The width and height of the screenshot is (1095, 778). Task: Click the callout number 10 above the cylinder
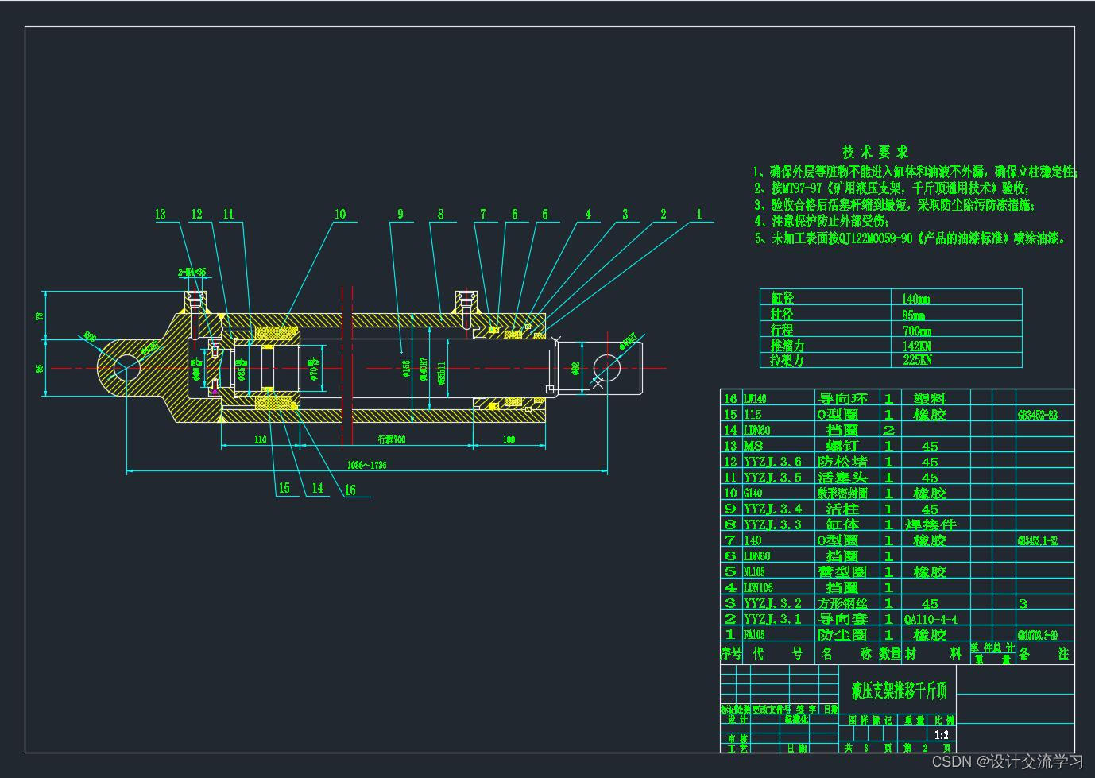coord(340,214)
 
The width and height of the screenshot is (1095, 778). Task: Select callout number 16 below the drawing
coord(350,490)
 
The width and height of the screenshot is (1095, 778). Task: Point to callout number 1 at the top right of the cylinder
coord(699,213)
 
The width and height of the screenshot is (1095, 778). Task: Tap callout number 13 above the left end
coord(161,214)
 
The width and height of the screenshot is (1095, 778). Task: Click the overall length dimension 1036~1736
coord(366,465)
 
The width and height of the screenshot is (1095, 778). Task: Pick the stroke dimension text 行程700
coord(391,439)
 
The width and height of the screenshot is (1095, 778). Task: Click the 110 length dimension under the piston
coord(260,439)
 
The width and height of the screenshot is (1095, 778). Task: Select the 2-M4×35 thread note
coord(192,272)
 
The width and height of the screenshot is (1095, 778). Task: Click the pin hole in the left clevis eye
coord(126,368)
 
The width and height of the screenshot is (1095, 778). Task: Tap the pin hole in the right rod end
coord(606,368)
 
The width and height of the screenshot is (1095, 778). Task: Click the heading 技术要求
coord(875,152)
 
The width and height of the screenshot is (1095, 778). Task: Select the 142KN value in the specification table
coord(916,346)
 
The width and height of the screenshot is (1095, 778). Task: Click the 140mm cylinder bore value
coord(915,299)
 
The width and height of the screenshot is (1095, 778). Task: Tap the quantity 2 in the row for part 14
coord(888,430)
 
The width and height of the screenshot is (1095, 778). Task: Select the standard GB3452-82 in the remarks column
coord(1037,415)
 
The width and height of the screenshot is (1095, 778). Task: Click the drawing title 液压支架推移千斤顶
coord(899,690)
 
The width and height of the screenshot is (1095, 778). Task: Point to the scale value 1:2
coord(942,735)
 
